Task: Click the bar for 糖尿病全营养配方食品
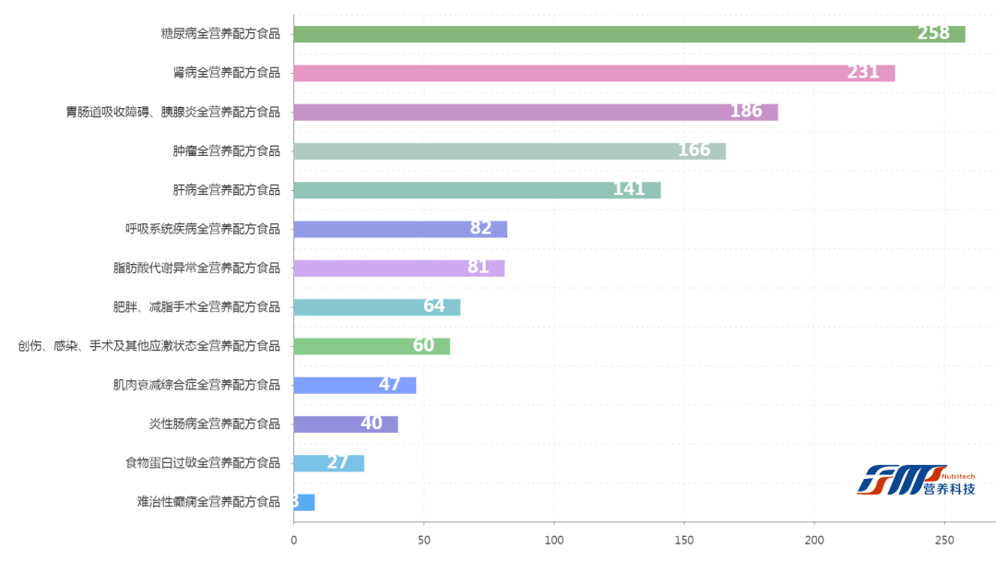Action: tap(629, 34)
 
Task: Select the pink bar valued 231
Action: tap(594, 73)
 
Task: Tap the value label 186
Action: tap(746, 112)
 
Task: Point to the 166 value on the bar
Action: tap(694, 150)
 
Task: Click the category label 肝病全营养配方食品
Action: tap(226, 190)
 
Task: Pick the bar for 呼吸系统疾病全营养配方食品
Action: tap(400, 229)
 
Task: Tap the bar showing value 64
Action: tap(376, 307)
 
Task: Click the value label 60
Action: tap(423, 346)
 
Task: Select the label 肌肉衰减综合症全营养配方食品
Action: tap(196, 385)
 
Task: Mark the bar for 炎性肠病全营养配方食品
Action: tap(346, 424)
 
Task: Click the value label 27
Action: tap(338, 463)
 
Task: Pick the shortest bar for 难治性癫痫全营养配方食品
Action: tap(304, 502)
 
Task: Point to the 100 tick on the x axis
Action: tap(554, 541)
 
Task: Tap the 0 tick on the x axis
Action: tap(294, 541)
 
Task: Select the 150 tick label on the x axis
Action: tap(684, 541)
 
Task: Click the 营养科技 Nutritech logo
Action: tap(916, 480)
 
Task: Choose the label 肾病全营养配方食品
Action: tap(226, 73)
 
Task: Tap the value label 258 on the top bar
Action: tap(932, 34)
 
